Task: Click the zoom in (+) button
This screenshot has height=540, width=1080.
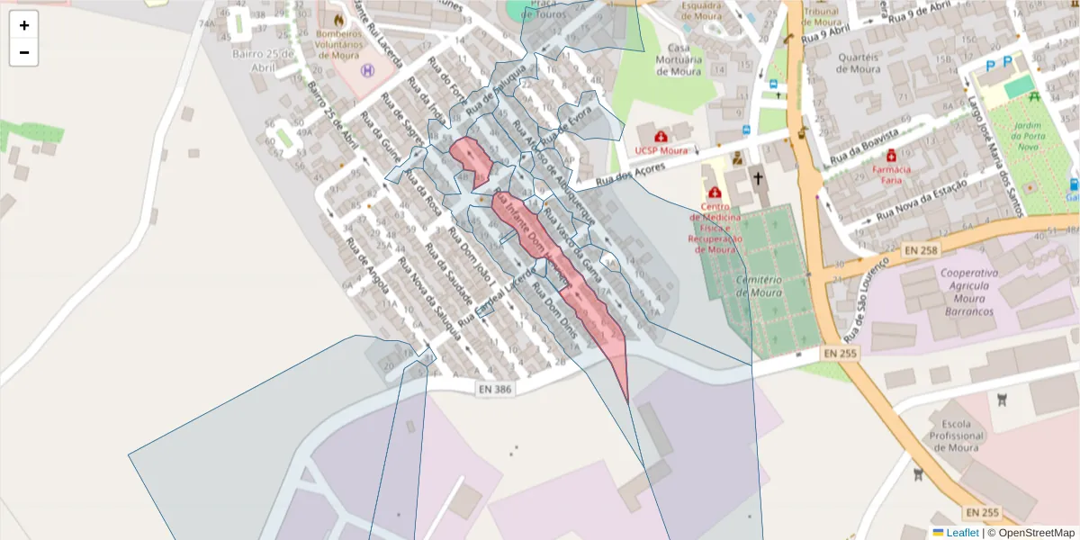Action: coord(23,25)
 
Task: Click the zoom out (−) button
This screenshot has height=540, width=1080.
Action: coord(23,52)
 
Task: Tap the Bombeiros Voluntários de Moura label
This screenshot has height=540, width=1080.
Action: coord(338,42)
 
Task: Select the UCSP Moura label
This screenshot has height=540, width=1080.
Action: coord(661,150)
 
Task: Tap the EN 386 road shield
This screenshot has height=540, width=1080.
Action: coord(495,389)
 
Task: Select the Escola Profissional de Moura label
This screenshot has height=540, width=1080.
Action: coord(956,436)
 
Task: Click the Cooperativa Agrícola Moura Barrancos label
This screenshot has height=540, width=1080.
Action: coord(969,292)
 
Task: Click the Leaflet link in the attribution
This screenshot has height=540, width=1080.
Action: coord(961,533)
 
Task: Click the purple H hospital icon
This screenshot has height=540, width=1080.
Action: coord(367,69)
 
